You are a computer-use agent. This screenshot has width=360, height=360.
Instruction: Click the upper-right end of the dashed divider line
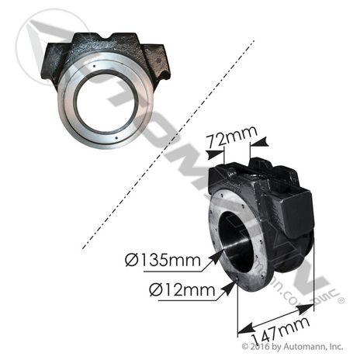tap(252, 43)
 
